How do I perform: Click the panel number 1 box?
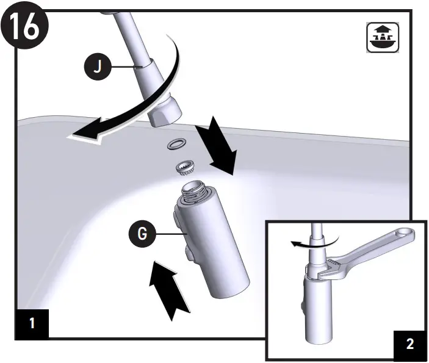[x=32, y=322]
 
